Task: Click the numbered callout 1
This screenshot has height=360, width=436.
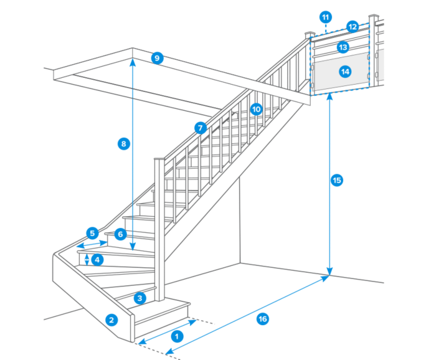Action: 176,336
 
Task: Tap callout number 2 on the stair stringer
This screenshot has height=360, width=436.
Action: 111,321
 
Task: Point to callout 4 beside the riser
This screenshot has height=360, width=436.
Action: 97,259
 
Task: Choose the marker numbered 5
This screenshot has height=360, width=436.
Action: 92,234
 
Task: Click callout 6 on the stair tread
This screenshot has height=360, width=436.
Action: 120,234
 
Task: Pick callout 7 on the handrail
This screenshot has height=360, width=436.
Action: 199,128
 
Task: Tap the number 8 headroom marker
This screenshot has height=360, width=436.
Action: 123,144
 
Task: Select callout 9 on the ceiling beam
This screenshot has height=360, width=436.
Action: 157,59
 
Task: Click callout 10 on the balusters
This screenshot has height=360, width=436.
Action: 255,108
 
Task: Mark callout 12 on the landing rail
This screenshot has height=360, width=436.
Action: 353,27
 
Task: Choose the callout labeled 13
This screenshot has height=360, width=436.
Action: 343,47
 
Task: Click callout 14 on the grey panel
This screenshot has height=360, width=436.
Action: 344,72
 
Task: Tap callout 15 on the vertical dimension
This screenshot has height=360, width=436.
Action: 336,181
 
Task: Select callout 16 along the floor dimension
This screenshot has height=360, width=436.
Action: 263,319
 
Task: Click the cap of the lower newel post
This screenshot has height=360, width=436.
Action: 159,160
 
